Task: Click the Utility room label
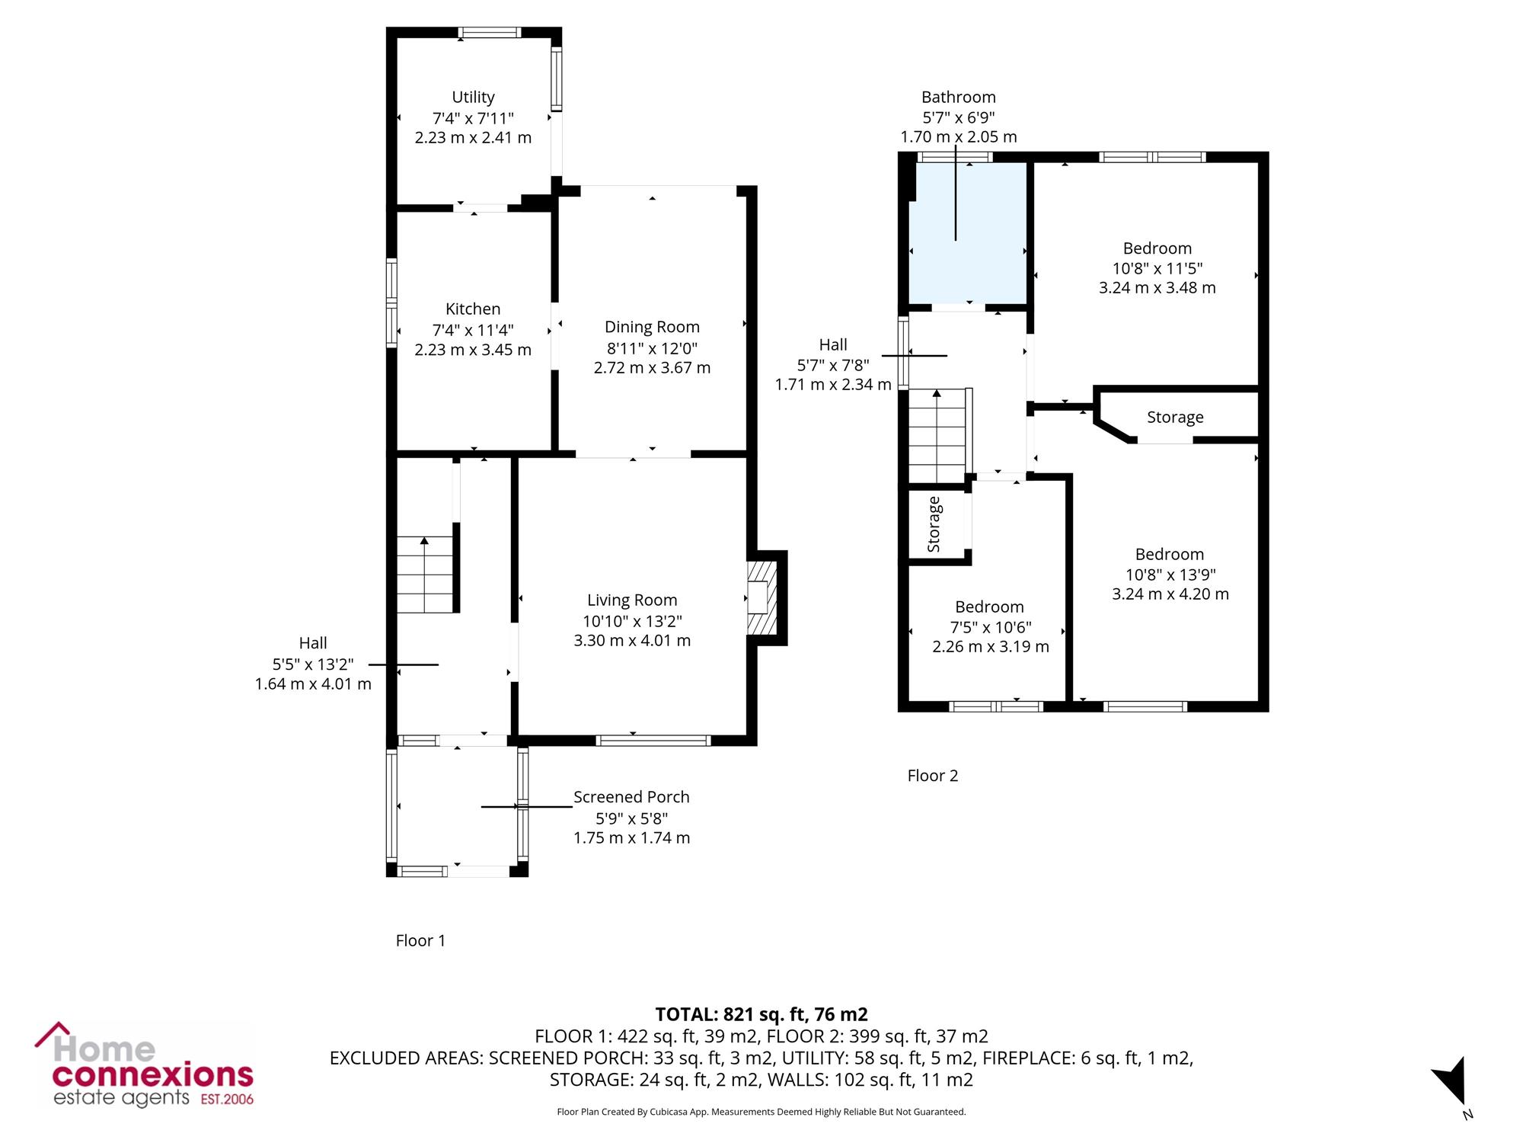(x=473, y=98)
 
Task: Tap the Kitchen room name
(x=473, y=309)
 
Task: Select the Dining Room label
(x=652, y=327)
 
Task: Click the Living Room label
(x=632, y=600)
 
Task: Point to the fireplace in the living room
(x=762, y=597)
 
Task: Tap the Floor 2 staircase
(x=937, y=436)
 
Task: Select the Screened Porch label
(x=631, y=797)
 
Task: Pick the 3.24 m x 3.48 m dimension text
(x=1157, y=288)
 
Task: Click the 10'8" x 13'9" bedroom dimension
(x=1170, y=575)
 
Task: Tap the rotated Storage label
(x=934, y=524)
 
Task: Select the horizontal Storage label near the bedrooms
(x=1175, y=418)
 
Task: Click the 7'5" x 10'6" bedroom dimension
(x=990, y=627)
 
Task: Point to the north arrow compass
(x=1451, y=1081)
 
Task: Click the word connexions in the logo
(x=152, y=1075)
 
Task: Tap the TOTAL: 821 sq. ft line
(x=761, y=1014)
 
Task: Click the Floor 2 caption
(x=933, y=776)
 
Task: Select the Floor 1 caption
(x=420, y=940)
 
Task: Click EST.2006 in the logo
(x=226, y=1100)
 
